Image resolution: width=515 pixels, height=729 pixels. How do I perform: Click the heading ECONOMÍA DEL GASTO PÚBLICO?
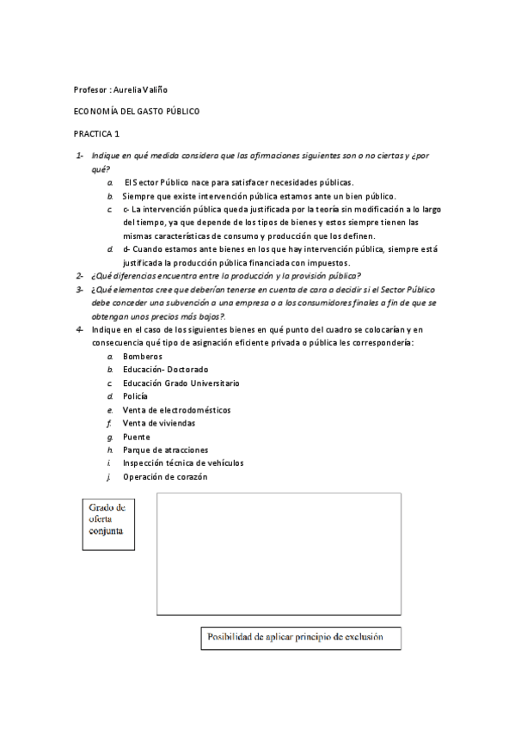[x=136, y=112]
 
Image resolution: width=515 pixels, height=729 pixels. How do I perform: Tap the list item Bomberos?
[x=143, y=356]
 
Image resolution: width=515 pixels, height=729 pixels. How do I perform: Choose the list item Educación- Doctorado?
[x=165, y=370]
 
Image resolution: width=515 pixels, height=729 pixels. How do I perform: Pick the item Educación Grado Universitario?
[x=181, y=383]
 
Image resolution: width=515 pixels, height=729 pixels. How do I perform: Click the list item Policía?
[x=135, y=396]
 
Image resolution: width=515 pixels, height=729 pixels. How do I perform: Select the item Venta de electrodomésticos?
[x=176, y=410]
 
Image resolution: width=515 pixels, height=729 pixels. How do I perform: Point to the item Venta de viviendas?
[x=158, y=423]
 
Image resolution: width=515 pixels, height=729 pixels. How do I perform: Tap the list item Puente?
[x=136, y=437]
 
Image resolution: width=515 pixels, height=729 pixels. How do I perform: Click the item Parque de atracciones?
[x=165, y=450]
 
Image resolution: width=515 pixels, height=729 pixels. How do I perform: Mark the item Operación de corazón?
[x=164, y=476]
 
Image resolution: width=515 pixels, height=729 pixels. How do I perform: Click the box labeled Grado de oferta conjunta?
[x=107, y=519]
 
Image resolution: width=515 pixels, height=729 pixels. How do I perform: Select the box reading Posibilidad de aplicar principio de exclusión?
[x=293, y=638]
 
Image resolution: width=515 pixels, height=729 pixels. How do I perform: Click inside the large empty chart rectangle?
[x=279, y=554]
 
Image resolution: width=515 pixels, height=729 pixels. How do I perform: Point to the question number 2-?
[x=78, y=276]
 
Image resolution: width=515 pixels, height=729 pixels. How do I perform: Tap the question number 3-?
[x=78, y=290]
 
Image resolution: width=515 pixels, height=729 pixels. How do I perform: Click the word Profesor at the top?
[x=90, y=89]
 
